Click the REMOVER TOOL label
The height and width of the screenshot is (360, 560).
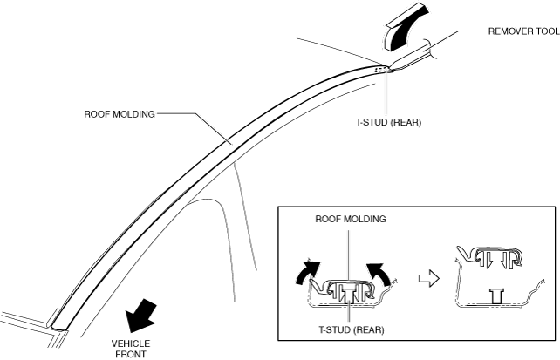click(522, 31)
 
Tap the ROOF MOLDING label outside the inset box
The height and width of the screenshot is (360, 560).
click(119, 113)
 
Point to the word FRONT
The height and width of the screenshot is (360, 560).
click(131, 355)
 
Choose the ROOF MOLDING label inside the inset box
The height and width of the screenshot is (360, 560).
click(351, 220)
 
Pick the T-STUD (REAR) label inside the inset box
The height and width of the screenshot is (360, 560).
click(348, 330)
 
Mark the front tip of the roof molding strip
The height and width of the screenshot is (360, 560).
click(58, 323)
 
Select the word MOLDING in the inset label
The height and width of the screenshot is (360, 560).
click(365, 220)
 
